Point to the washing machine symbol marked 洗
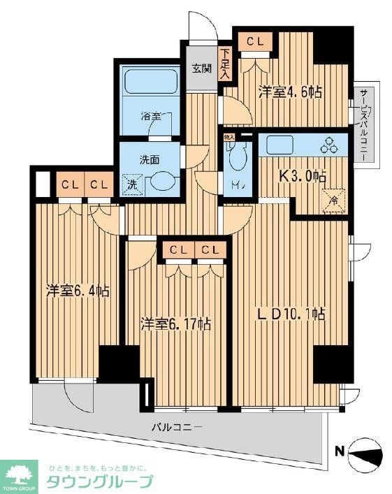pos(131,184)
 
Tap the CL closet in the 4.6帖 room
pos(254,43)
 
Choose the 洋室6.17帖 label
pos(175,324)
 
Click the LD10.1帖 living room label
pos(291,314)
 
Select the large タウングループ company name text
pos(99,482)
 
